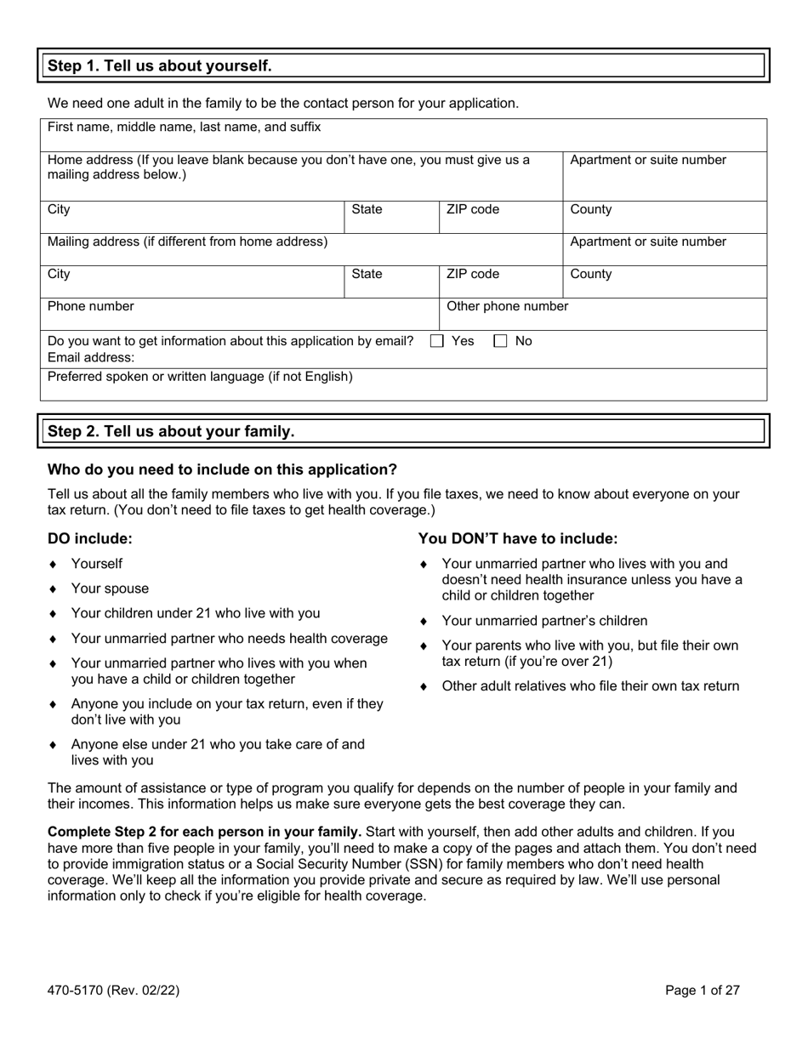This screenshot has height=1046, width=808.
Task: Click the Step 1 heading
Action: pos(160,65)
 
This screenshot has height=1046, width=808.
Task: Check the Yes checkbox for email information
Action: pos(437,341)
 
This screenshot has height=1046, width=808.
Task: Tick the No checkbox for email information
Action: pos(501,341)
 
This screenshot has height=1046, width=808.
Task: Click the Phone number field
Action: pos(238,315)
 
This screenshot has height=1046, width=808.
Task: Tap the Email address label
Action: pos(91,358)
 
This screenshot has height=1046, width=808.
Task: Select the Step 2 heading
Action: pos(171,431)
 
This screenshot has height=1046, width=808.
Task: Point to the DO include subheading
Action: pos(90,538)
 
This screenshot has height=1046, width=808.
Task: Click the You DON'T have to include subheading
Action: pos(518,538)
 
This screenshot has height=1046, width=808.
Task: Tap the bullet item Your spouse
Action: pos(110,588)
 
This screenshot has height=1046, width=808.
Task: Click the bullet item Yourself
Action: pos(97,564)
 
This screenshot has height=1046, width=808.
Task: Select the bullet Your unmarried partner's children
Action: pos(544,621)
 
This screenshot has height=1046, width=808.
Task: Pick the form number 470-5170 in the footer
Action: pos(113,990)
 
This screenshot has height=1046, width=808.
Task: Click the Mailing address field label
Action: pos(187,242)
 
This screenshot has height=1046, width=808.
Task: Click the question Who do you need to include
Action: pos(222,469)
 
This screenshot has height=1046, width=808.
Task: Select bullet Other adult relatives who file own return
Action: pos(590,686)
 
